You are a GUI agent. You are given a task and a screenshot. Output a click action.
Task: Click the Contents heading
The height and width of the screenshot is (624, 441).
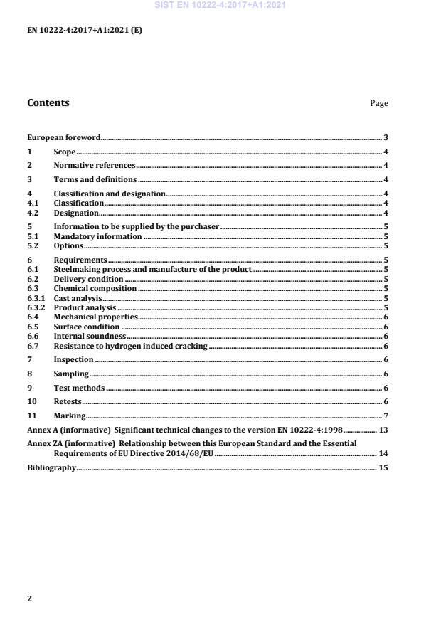coord(48,102)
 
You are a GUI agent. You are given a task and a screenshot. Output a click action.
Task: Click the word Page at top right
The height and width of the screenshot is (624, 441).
coord(379,103)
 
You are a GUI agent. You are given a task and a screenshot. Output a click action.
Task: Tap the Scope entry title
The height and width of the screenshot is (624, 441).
coord(65,152)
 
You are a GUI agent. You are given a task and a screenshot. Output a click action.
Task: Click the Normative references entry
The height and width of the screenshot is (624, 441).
coord(95,166)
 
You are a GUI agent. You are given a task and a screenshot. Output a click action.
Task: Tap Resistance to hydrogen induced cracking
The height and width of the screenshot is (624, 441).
coord(131,345)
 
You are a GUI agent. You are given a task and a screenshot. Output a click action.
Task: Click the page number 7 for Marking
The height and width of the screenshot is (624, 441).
coord(385,416)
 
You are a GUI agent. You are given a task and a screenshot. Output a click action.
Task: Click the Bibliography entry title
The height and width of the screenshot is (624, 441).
coord(51,467)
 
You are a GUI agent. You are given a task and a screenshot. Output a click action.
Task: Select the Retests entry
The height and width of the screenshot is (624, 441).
coord(67,401)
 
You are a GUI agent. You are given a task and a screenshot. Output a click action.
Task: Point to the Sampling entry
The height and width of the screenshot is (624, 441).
coord(71,374)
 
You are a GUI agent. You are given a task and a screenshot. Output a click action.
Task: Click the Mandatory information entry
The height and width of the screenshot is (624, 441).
coord(98,236)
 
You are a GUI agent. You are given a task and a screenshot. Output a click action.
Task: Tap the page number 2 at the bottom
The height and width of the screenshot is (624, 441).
coord(29,598)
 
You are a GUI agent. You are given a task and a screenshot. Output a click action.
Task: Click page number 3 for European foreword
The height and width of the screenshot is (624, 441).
coord(385,137)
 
